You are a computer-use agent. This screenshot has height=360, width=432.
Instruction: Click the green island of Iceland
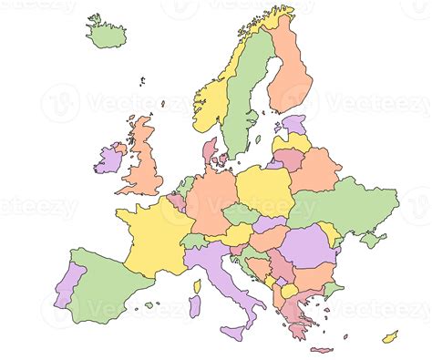click(x=107, y=33)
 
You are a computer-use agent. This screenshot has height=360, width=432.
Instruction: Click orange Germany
click(x=211, y=201)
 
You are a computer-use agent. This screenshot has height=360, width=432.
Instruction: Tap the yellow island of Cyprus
click(x=390, y=337)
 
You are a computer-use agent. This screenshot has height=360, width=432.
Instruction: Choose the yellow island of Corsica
click(x=196, y=285)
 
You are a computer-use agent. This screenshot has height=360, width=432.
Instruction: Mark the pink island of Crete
click(x=320, y=349)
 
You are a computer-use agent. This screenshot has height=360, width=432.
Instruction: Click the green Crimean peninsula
click(x=371, y=240)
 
